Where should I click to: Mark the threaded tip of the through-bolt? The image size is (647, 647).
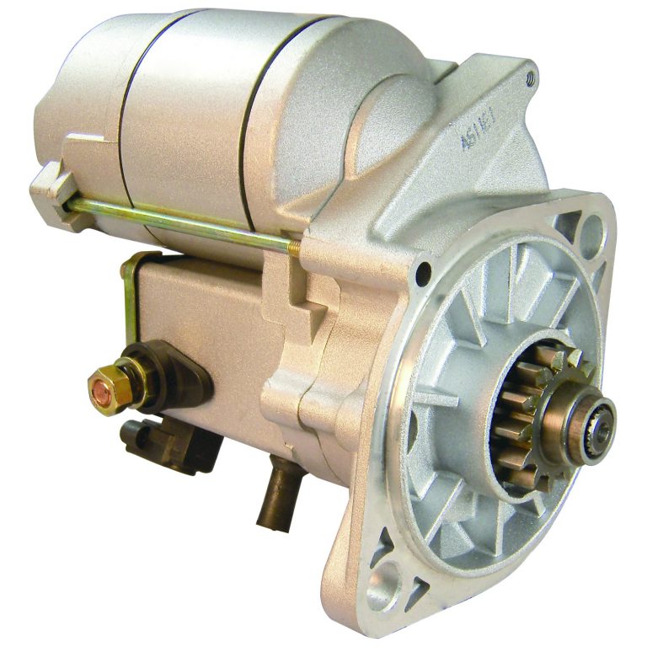(x=293, y=246)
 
